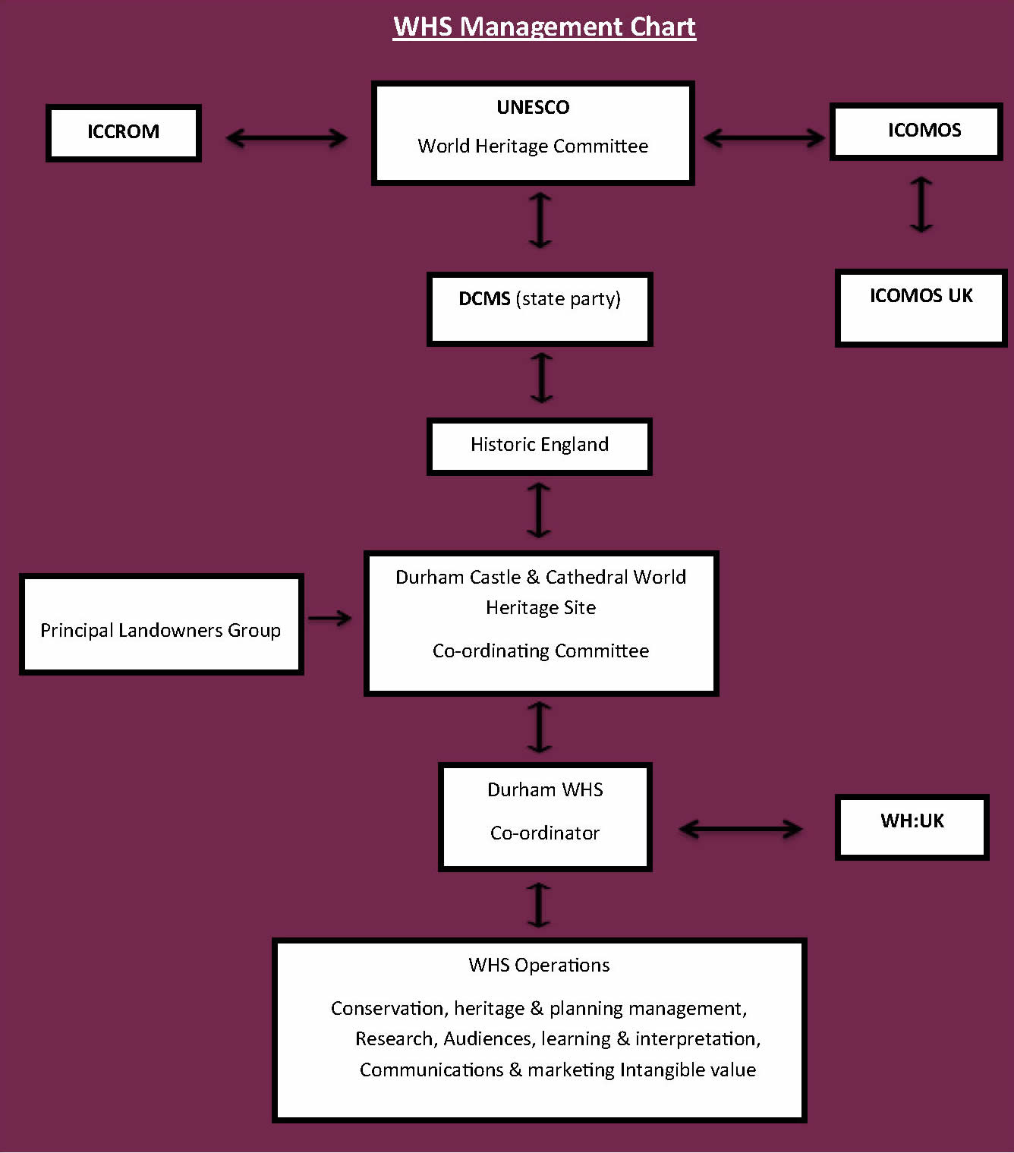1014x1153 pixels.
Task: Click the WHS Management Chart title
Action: (x=543, y=27)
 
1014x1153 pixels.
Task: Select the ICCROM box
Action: (x=124, y=133)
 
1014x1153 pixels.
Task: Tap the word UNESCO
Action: (x=533, y=107)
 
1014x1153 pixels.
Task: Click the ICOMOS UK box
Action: (x=921, y=307)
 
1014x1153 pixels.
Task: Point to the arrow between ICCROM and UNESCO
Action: (x=286, y=137)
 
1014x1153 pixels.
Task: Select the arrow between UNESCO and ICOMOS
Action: (x=764, y=137)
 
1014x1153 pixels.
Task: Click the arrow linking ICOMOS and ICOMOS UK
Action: (x=921, y=204)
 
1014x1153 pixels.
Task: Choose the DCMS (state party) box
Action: (x=540, y=309)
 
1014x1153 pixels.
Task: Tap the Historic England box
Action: (x=539, y=446)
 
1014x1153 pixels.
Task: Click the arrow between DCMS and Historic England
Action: (x=540, y=377)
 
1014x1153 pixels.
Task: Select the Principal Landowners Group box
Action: (x=161, y=624)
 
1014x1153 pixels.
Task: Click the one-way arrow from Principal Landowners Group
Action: (x=330, y=619)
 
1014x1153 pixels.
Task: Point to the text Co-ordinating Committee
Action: (x=540, y=651)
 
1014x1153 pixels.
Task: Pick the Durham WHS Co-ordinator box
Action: (x=545, y=816)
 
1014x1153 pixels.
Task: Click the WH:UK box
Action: (x=912, y=827)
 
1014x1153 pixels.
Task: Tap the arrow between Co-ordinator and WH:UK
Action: (x=740, y=829)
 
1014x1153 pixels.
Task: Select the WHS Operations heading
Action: (x=539, y=965)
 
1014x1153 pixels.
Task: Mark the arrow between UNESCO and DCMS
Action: (x=540, y=220)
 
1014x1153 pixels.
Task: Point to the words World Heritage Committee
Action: (x=533, y=146)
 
